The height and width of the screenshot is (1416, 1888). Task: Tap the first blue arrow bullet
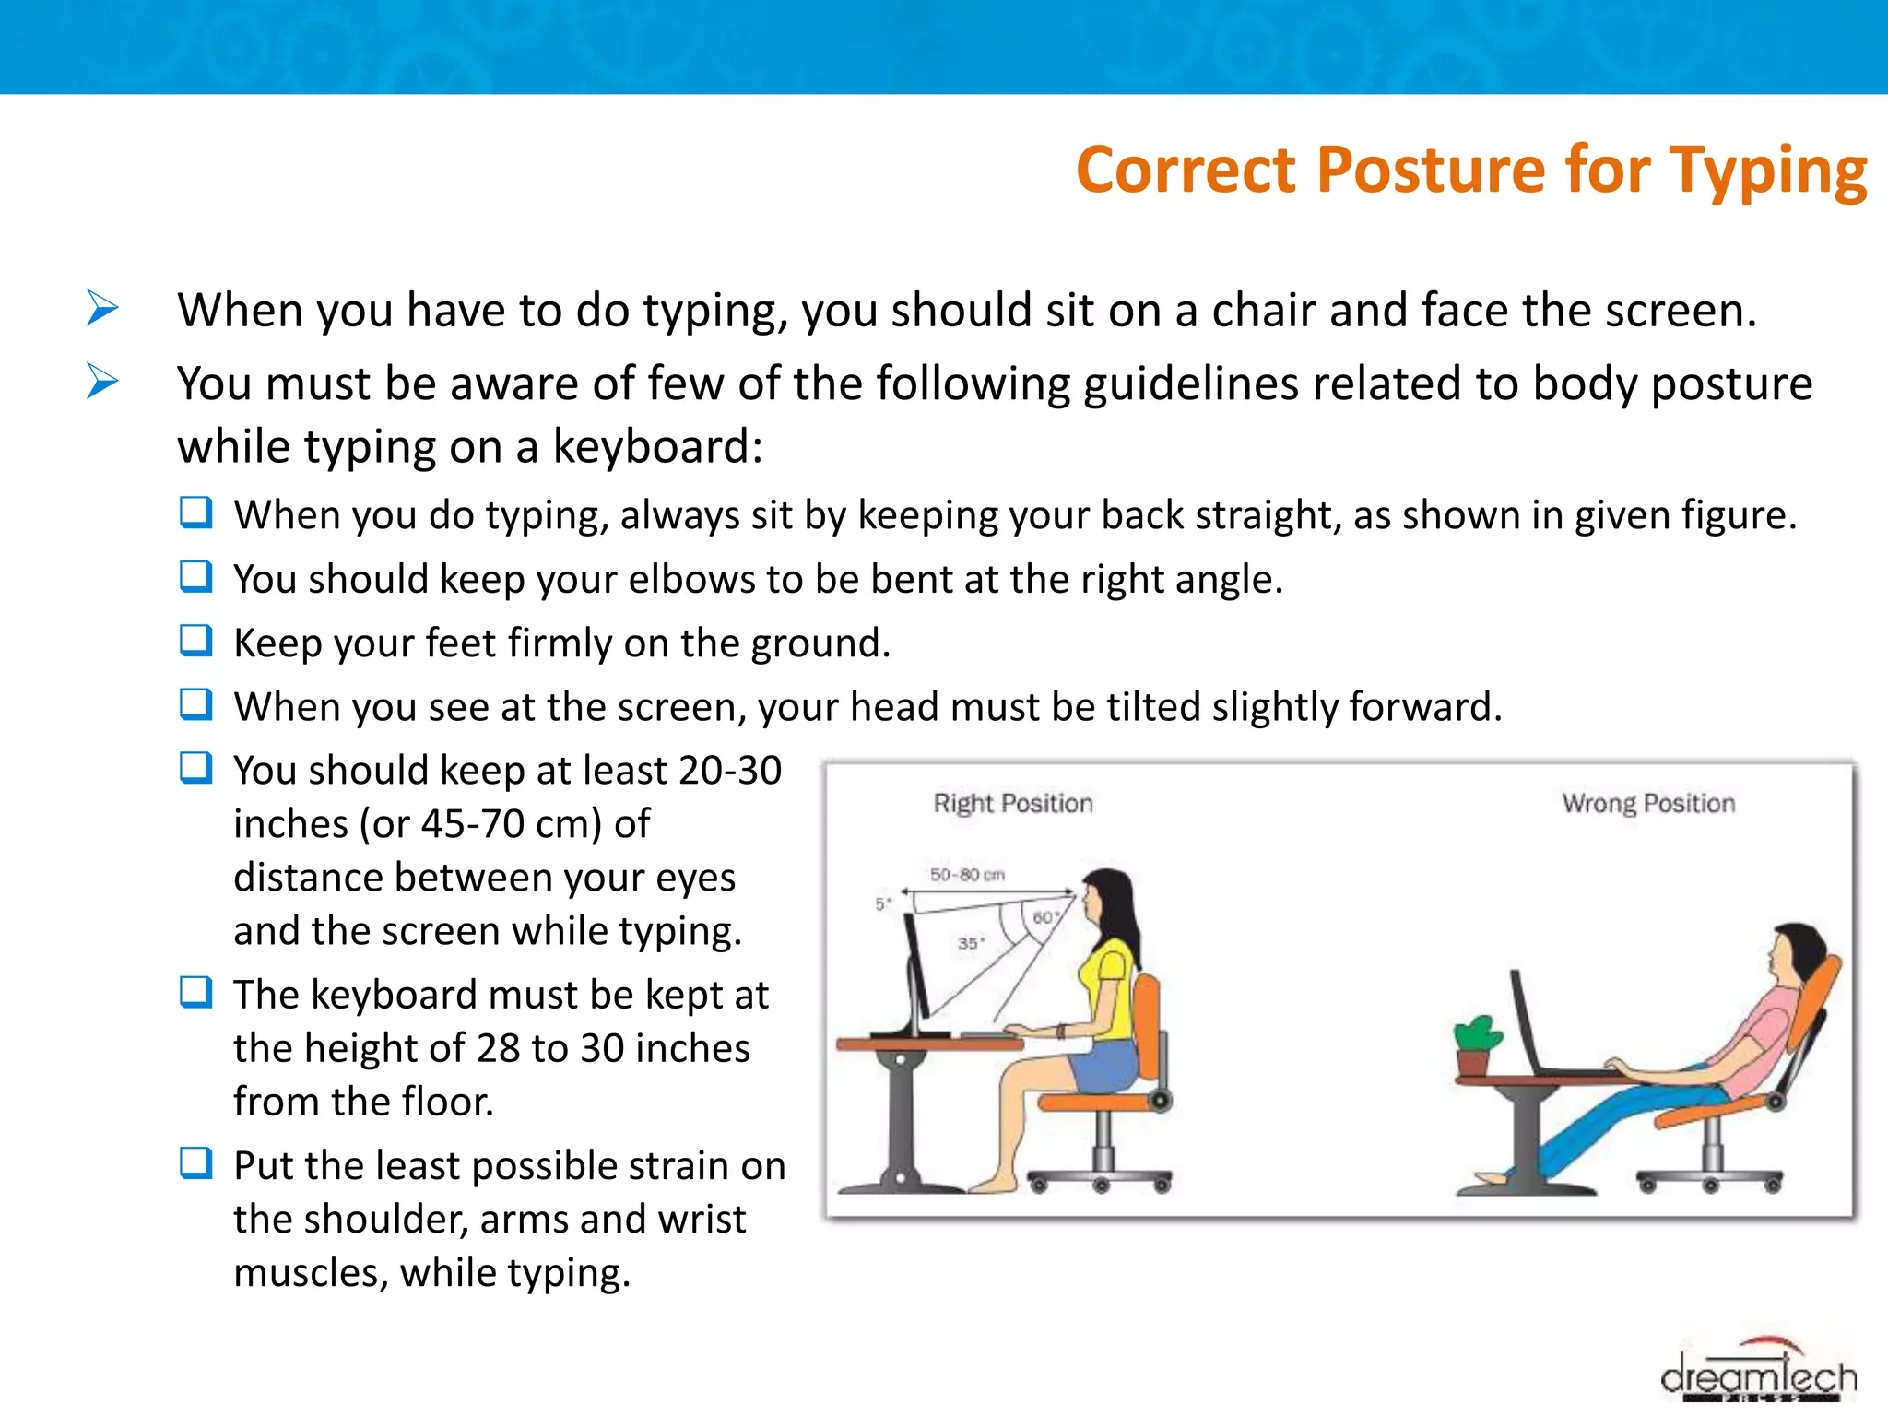click(102, 307)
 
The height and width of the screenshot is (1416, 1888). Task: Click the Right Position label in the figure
click(1012, 803)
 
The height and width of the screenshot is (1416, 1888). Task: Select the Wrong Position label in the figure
click(1647, 803)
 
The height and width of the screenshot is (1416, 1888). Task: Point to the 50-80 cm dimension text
click(966, 874)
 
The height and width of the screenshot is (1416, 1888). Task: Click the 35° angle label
click(970, 943)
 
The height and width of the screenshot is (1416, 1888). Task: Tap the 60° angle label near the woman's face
click(1044, 917)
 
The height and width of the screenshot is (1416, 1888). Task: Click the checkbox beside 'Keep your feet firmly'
click(195, 641)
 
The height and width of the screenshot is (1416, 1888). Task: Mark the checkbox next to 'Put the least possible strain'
click(195, 1163)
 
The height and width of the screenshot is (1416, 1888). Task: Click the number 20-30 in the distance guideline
click(729, 771)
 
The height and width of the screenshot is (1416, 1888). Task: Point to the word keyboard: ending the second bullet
click(657, 447)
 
